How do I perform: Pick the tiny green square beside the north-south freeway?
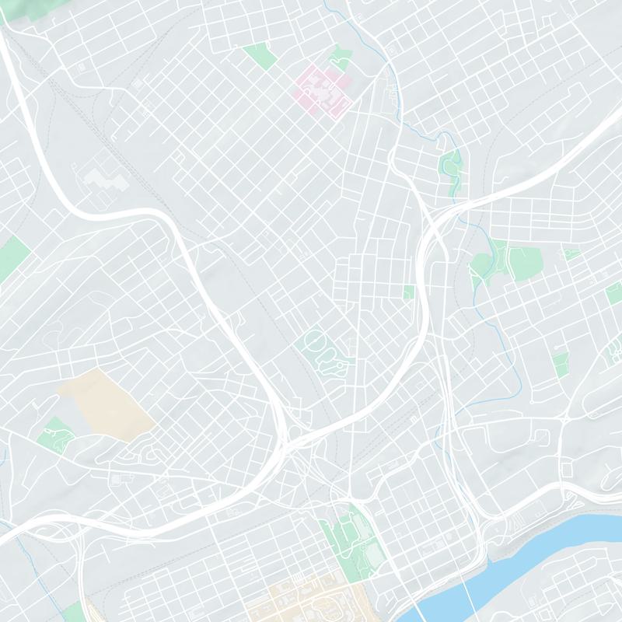point(409,292)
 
